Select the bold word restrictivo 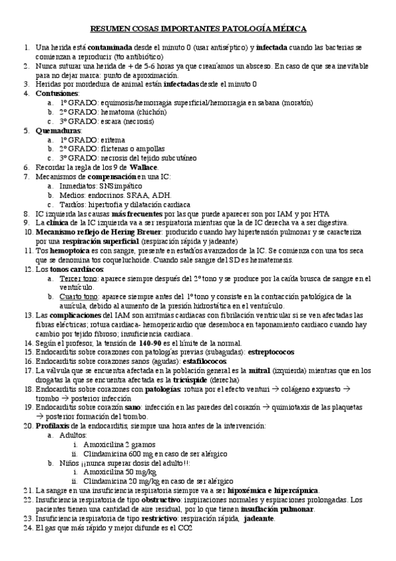point(149,519)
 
